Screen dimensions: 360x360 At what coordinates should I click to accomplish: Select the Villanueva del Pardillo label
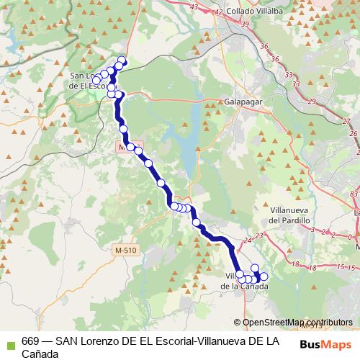coord(288,214)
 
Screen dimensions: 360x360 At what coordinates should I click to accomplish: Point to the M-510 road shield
coord(125,250)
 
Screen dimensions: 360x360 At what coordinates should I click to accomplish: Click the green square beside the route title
coord(9,342)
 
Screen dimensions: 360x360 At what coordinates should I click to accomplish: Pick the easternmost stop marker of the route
coord(264,276)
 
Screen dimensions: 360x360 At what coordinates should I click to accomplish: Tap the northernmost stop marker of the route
coord(122,60)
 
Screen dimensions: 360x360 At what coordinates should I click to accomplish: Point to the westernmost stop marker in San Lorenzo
coord(96,79)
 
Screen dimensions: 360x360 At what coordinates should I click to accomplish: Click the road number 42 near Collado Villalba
coord(218,12)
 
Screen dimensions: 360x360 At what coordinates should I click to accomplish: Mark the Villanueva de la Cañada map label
coord(245,282)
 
